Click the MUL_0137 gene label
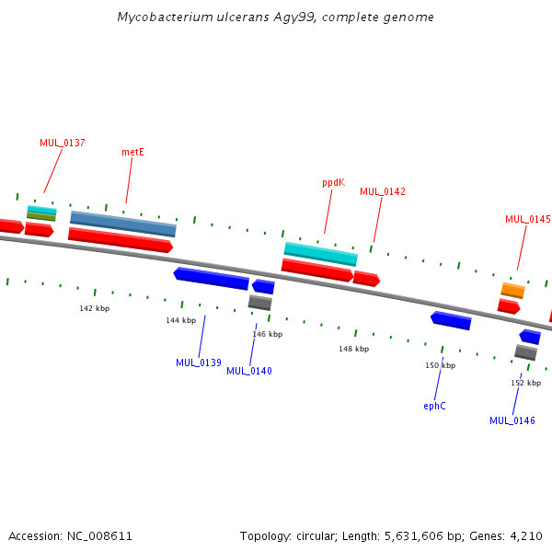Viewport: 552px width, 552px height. point(63,143)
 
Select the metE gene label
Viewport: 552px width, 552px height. point(132,152)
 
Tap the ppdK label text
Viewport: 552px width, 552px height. point(333,183)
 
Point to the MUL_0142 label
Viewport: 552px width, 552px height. point(383,191)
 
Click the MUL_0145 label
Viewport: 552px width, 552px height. point(528,219)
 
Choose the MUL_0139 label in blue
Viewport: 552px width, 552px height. point(199,362)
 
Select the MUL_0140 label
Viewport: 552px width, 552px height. point(249,371)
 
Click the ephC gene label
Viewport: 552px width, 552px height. point(435,406)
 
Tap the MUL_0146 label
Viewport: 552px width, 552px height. point(512,420)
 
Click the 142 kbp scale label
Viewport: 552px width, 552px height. point(95,308)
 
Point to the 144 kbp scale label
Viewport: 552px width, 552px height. point(181,320)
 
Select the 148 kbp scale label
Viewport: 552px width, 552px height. point(354,349)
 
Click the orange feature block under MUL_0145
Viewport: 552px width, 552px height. point(513,291)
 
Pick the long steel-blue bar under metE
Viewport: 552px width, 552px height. point(123,224)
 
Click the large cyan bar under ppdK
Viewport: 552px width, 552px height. point(321,254)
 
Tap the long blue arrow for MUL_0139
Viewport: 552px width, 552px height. point(212,279)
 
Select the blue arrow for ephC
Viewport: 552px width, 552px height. point(451,320)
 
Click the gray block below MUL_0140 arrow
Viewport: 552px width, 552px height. point(260,303)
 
